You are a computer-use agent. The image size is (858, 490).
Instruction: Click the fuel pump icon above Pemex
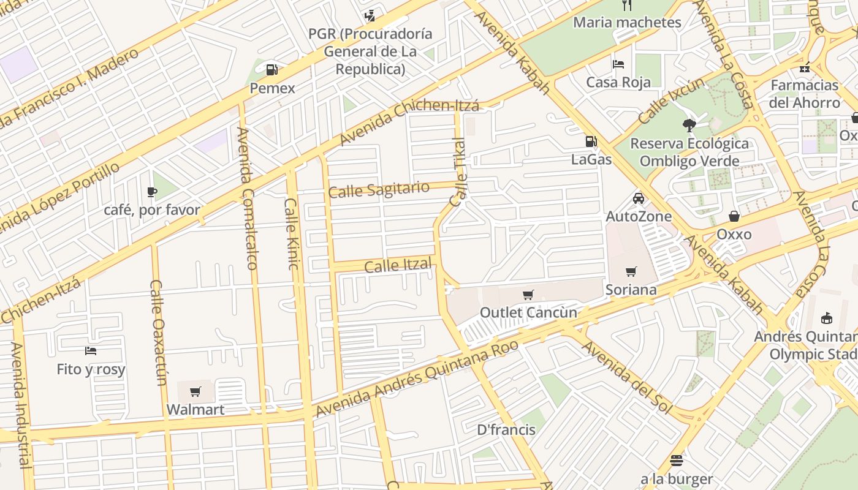pos(272,69)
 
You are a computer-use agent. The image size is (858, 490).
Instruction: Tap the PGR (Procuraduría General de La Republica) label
pos(370,51)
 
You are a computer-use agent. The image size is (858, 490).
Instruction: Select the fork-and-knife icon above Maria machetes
pos(626,5)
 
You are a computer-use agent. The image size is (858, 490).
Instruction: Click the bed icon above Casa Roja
pos(618,64)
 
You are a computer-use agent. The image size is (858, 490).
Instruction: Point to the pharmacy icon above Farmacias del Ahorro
pos(804,67)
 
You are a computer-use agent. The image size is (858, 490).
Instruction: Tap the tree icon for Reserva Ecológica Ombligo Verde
pos(689,126)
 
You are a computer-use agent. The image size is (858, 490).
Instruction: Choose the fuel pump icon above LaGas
pos(591,141)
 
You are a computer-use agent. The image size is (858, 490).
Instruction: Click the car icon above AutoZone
pos(639,198)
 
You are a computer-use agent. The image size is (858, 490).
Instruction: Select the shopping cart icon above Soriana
pos(631,271)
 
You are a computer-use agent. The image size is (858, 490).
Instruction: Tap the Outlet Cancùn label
pos(528,312)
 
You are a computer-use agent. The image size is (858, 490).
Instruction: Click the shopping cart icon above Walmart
pos(196,391)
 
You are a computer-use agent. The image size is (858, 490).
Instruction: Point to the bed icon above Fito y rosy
pos(91,351)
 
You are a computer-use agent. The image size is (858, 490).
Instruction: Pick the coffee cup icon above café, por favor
pos(152,192)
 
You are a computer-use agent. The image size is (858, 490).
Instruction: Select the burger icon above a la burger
pos(677,461)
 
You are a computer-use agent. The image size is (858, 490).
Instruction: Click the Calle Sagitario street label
pos(379,190)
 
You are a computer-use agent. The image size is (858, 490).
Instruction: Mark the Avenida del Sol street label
pos(626,377)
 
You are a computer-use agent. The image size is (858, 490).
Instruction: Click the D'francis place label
pos(506,430)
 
